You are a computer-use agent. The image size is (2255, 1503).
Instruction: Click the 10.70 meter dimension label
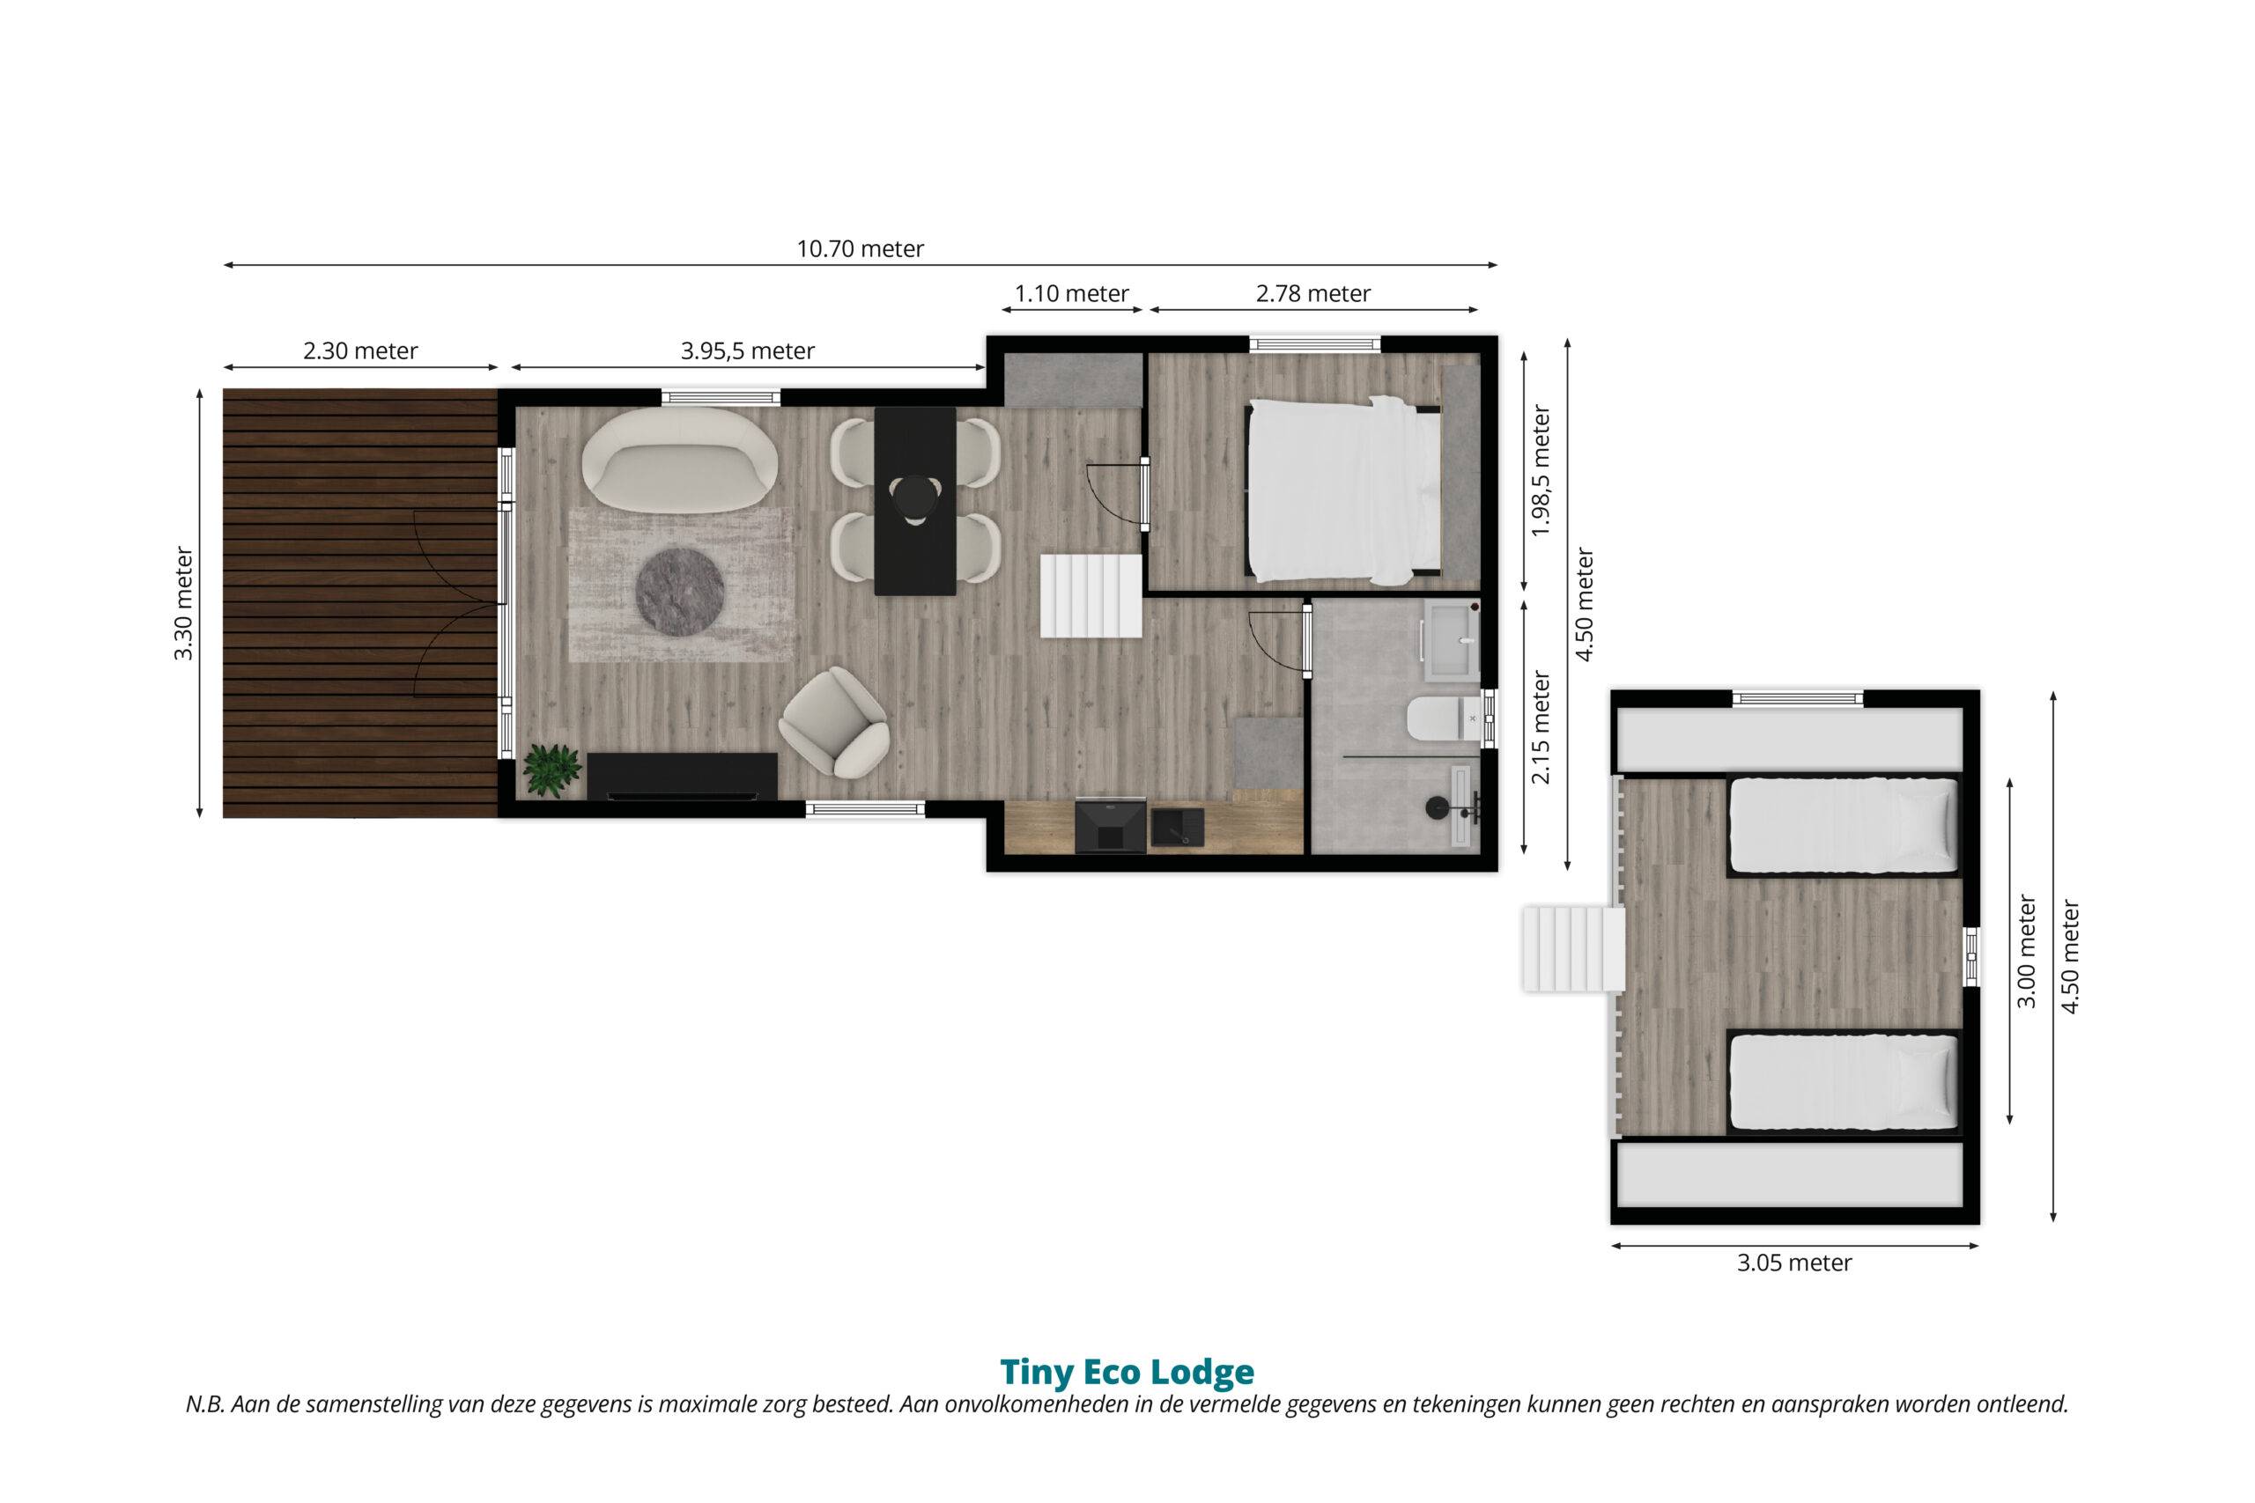[x=860, y=249]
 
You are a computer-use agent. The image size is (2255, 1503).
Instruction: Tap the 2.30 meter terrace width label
[x=360, y=350]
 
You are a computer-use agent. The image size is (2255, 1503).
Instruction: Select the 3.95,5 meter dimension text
[x=748, y=350]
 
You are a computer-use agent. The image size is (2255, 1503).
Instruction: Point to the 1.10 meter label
[x=1072, y=293]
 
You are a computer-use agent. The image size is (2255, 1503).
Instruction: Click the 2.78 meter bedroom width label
[x=1313, y=293]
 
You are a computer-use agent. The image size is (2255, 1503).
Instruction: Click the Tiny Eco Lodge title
[x=1127, y=1372]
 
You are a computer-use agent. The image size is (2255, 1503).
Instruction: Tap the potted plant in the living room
[x=551, y=770]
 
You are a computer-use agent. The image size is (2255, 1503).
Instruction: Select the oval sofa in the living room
[x=680, y=460]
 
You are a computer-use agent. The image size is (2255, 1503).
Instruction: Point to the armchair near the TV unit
[x=834, y=722]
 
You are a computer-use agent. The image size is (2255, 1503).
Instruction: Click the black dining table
[x=915, y=500]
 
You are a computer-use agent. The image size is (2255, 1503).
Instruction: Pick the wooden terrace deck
[x=360, y=603]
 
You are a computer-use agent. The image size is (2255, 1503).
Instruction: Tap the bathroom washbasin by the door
[x=1452, y=638]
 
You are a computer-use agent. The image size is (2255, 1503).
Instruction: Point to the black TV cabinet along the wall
[x=682, y=776]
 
